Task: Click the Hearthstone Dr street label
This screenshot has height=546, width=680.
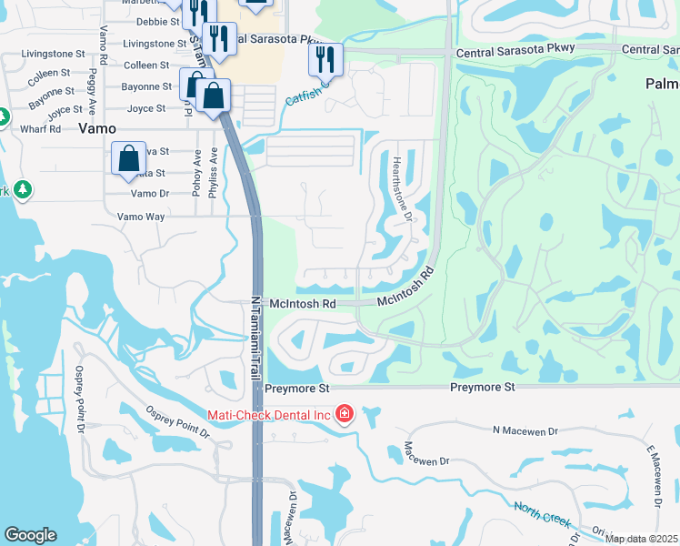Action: (402, 190)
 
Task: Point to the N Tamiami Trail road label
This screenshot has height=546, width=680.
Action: (255, 340)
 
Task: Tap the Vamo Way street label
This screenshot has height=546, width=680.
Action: (141, 217)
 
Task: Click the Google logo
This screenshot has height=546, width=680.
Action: (30, 535)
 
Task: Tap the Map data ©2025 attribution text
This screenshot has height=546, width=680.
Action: (641, 539)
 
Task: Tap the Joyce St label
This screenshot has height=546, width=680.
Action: (146, 108)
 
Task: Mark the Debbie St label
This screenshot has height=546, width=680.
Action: (153, 21)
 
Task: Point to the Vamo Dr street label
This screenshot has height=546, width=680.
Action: (150, 194)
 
